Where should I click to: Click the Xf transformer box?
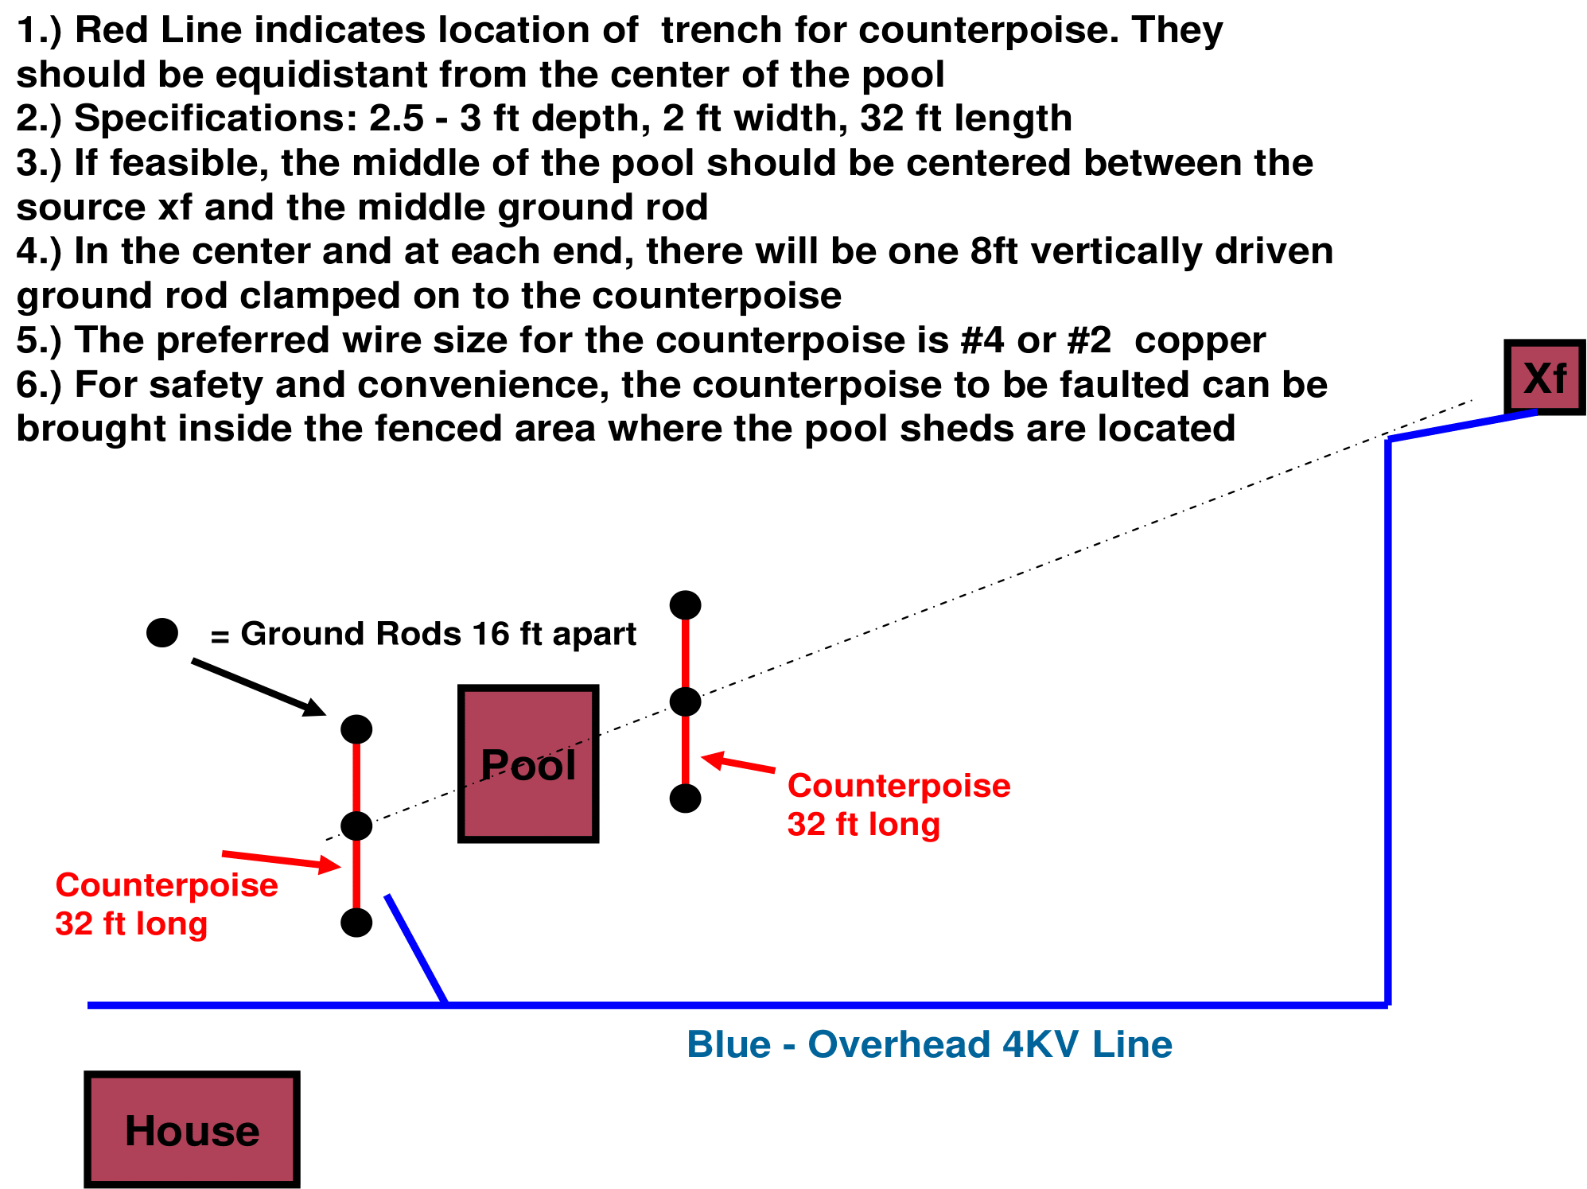point(1544,378)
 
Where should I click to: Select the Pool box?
point(528,764)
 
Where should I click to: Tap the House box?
point(192,1129)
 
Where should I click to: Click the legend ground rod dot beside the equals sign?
point(162,633)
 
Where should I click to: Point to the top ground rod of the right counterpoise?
point(685,605)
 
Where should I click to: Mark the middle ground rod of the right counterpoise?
point(685,702)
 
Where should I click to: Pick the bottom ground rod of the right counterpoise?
point(685,798)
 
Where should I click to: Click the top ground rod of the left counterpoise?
point(356,729)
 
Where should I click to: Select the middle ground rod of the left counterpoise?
point(356,826)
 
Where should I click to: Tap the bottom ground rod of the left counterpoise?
point(356,923)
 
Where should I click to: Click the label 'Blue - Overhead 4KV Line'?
point(929,1044)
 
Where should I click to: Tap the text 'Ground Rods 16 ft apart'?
point(438,634)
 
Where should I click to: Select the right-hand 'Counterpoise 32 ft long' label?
point(898,804)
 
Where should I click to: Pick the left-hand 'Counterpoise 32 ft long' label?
point(166,903)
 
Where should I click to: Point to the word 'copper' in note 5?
point(1200,340)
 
